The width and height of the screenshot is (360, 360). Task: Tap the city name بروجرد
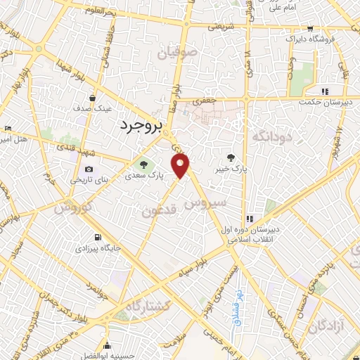[x=137, y=126]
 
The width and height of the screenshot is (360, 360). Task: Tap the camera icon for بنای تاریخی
[x=89, y=169]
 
